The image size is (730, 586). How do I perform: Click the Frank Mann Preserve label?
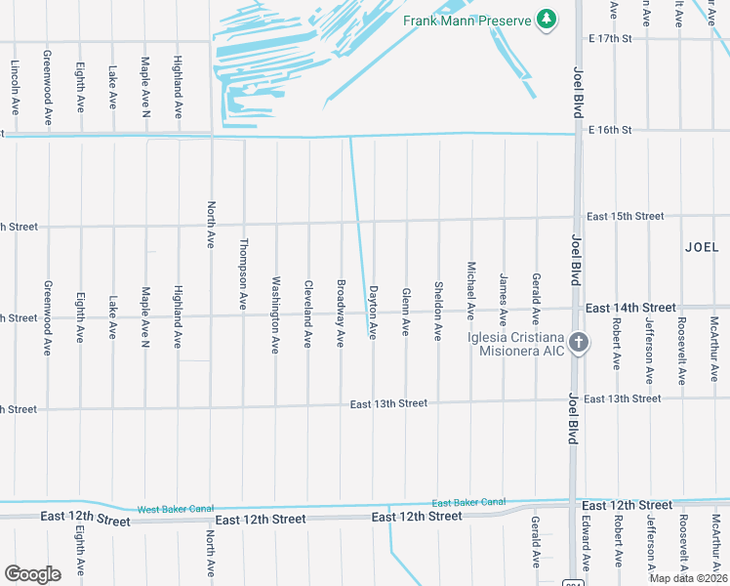(466, 20)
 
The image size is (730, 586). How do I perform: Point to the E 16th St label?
(609, 129)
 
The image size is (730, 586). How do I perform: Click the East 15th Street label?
(625, 216)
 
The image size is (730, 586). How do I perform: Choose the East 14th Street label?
(630, 308)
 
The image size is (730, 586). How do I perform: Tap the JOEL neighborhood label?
(702, 247)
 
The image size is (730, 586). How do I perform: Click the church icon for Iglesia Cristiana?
(579, 342)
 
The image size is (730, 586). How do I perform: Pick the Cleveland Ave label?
(308, 312)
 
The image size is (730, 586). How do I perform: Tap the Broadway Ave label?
(341, 312)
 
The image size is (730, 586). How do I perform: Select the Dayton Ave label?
(373, 312)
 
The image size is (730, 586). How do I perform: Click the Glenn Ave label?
(405, 312)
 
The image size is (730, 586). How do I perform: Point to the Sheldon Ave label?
(438, 312)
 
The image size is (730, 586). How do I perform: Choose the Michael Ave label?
(471, 290)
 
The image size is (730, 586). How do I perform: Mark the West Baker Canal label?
(175, 509)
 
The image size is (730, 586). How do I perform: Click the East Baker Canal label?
(468, 502)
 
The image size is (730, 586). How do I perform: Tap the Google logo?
(32, 573)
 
